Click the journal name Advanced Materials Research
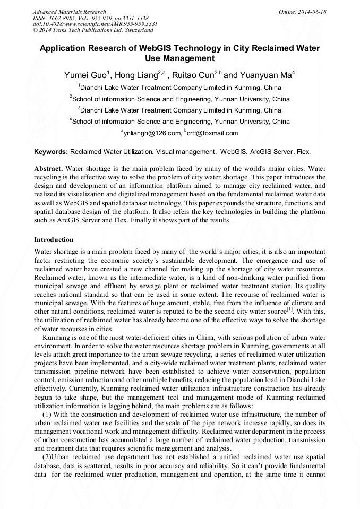pyautogui.click(x=69, y=12)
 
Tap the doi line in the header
pyautogui.click(x=95, y=24)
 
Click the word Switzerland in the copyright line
pyautogui.click(x=135, y=30)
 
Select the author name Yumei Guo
pyautogui.click(x=85, y=75)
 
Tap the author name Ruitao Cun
pyautogui.click(x=192, y=75)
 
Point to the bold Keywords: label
pyautogui.click(x=51, y=152)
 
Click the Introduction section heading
pyautogui.click(x=54, y=240)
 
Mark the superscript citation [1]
pyautogui.click(x=289, y=308)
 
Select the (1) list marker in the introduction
pyautogui.click(x=47, y=414)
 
